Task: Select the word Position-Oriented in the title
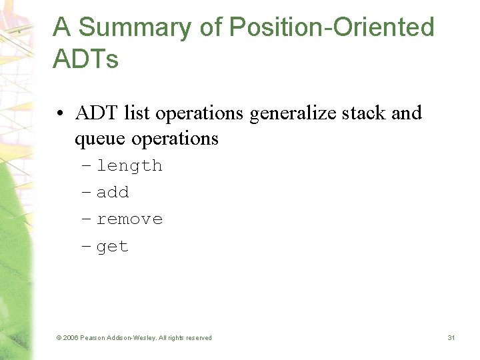click(x=331, y=28)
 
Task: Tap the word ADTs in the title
click(x=85, y=60)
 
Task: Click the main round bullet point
click(x=61, y=114)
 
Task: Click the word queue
click(x=101, y=139)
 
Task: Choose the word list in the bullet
click(x=138, y=113)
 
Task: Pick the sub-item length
click(x=129, y=165)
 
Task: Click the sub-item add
click(x=113, y=193)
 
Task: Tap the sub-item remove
click(x=129, y=219)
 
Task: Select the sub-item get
click(x=113, y=247)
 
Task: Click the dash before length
click(x=86, y=166)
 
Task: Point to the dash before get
click(x=86, y=247)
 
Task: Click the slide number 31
click(x=451, y=338)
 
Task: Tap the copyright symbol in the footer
click(x=59, y=338)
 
